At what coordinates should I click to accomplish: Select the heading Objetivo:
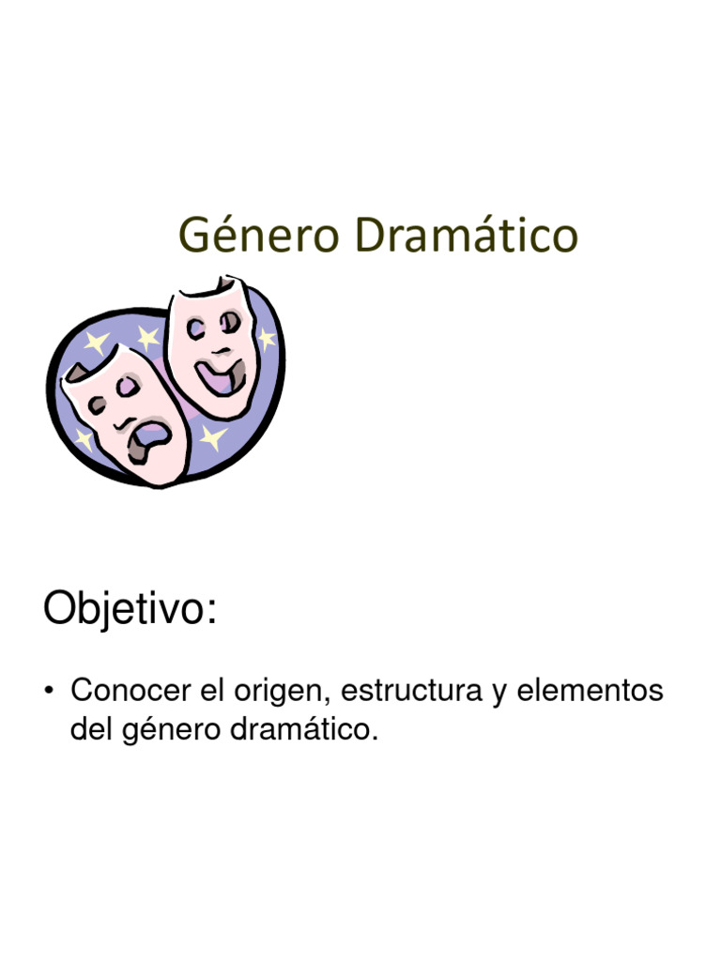130,611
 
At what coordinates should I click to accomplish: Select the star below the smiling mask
214,435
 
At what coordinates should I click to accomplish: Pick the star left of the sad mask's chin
85,439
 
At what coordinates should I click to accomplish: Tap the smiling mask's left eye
196,328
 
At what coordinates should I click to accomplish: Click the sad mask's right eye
133,387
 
